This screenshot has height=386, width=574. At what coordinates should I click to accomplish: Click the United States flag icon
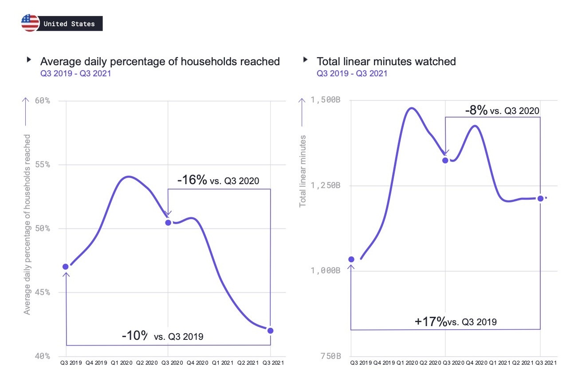pyautogui.click(x=30, y=23)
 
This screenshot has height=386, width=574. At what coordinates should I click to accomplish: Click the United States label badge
pyautogui.click(x=70, y=24)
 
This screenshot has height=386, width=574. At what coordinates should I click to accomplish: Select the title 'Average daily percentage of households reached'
pyautogui.click(x=160, y=61)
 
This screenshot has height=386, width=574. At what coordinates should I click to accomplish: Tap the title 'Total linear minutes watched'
pyautogui.click(x=386, y=61)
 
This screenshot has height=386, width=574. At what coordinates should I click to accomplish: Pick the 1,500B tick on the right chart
pyautogui.click(x=326, y=100)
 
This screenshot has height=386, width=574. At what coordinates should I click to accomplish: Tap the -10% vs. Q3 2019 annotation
pyautogui.click(x=162, y=336)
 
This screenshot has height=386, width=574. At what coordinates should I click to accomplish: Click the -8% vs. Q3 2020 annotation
pyautogui.click(x=502, y=110)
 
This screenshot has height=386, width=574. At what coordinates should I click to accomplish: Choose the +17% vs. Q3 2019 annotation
pyautogui.click(x=456, y=322)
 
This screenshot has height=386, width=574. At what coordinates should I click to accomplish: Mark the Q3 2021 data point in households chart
pyautogui.click(x=271, y=331)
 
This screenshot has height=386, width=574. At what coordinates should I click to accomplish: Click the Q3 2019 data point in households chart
pyautogui.click(x=66, y=267)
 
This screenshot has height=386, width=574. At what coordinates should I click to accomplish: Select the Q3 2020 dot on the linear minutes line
pyautogui.click(x=445, y=160)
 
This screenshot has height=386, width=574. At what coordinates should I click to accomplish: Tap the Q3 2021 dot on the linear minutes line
pyautogui.click(x=540, y=198)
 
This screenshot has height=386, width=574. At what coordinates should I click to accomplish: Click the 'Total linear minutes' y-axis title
pyautogui.click(x=303, y=171)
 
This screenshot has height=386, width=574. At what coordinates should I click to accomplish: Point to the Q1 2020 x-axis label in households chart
pyautogui.click(x=117, y=363)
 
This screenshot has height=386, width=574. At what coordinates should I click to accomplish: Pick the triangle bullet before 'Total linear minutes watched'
pyautogui.click(x=305, y=59)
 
